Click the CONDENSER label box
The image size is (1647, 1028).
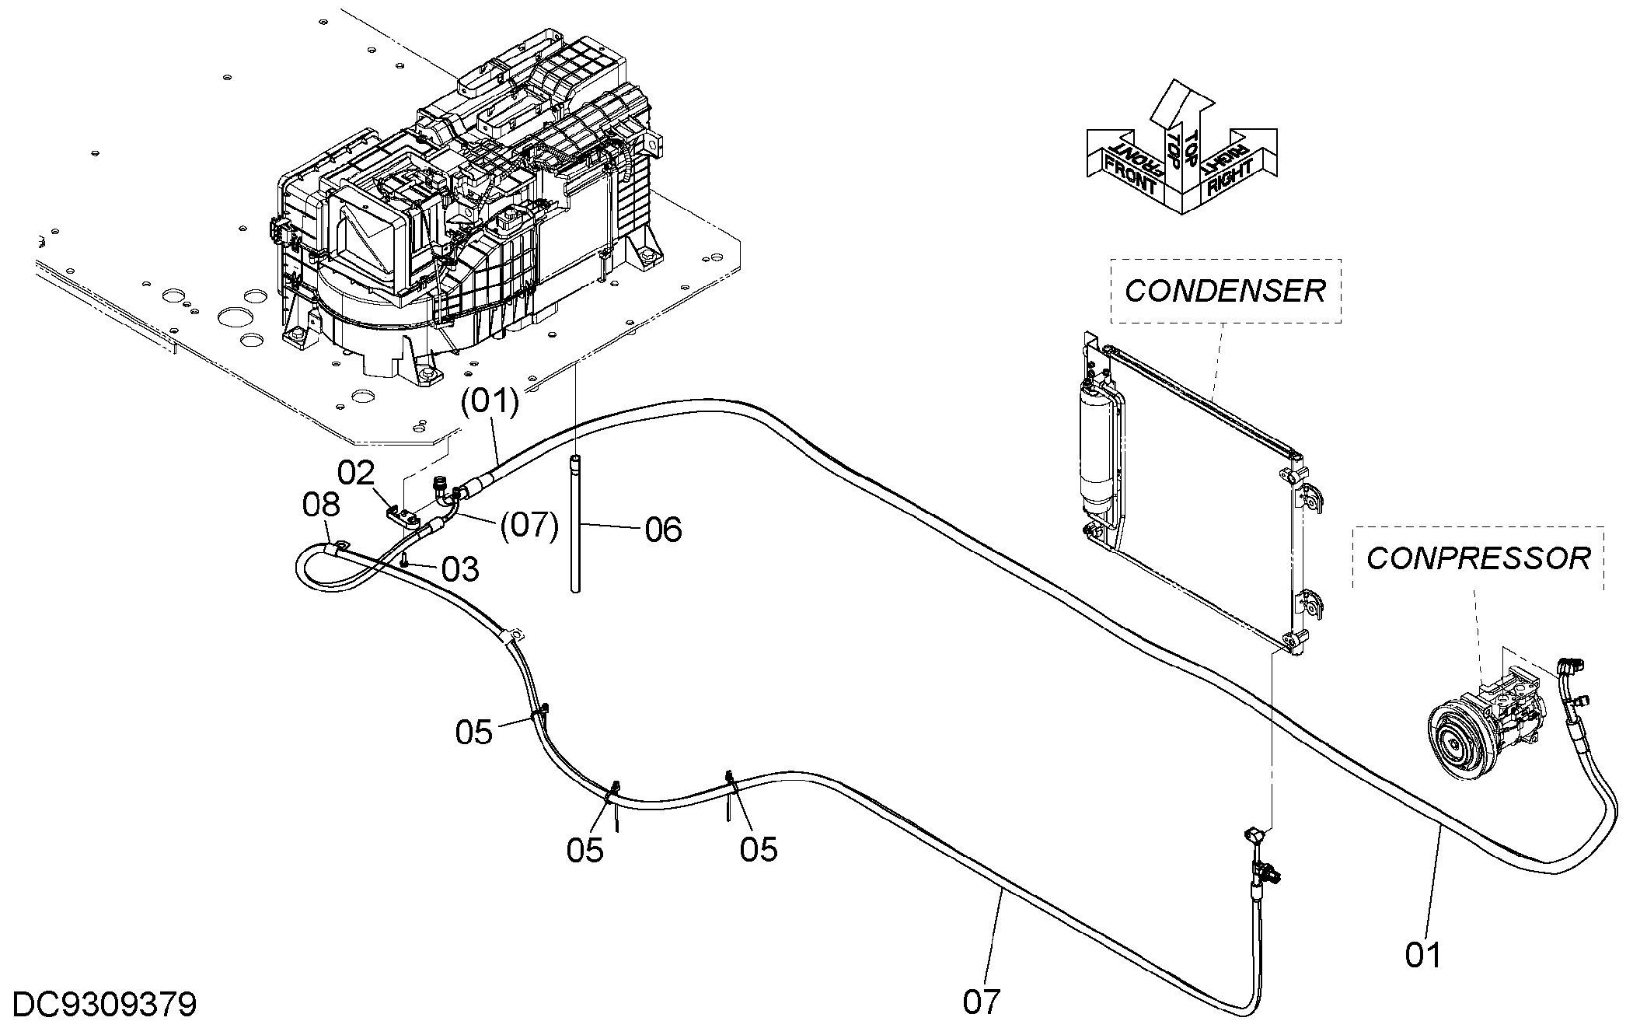(x=1225, y=291)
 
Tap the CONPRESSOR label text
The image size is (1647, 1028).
(x=1478, y=558)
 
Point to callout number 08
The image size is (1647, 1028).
(x=321, y=505)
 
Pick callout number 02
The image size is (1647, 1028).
(x=356, y=472)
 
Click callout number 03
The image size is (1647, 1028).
(x=460, y=569)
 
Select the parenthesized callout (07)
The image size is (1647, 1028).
(x=529, y=526)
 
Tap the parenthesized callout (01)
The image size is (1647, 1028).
(x=489, y=402)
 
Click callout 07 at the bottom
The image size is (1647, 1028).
(x=981, y=1002)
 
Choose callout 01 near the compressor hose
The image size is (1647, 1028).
(x=1423, y=955)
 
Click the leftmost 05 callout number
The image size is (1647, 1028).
(x=474, y=732)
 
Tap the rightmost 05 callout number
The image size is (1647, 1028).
(x=759, y=849)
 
